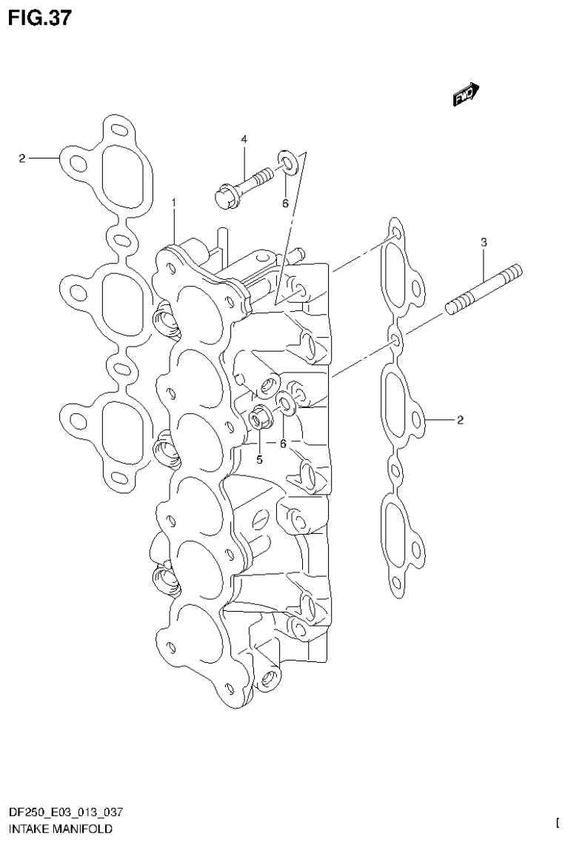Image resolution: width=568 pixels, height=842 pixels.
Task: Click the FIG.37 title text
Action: tap(40, 18)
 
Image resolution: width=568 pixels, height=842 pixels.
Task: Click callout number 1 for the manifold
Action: tap(174, 202)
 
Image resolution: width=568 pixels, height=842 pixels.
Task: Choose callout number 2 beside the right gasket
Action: tap(460, 421)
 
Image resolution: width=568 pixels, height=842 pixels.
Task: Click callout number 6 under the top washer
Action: tap(284, 204)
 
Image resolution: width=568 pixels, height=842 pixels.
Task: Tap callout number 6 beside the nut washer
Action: tap(282, 444)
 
